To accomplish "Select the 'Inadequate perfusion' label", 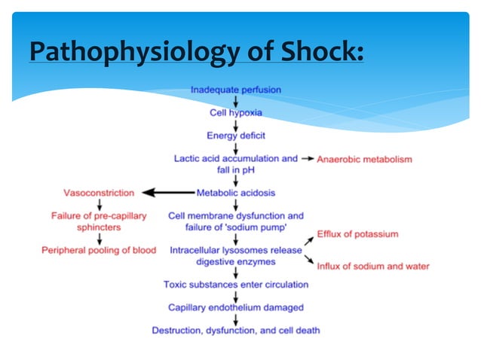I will [236, 89].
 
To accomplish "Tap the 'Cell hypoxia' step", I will [236, 112].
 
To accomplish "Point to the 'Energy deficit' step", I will [236, 136].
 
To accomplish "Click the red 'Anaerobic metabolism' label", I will [364, 160].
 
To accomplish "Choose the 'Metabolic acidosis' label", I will [236, 192].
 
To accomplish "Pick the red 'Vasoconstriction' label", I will [100, 193].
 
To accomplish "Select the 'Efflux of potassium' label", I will [357, 234].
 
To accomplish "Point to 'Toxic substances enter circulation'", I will [236, 284].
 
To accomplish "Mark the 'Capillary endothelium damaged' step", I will [236, 307].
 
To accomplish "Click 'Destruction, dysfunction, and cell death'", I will [236, 330].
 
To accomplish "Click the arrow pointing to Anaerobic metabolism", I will [307, 160].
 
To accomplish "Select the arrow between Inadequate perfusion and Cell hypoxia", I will [236, 100].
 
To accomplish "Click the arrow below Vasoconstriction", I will [99, 204].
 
